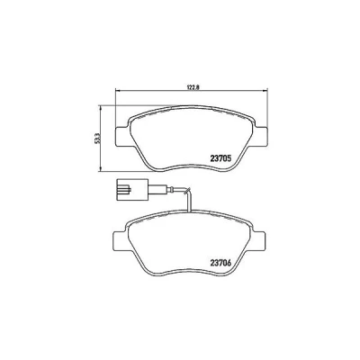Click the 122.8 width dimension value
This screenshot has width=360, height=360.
(x=192, y=87)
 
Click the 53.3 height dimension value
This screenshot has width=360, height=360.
(x=96, y=139)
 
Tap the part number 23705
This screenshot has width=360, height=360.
(x=220, y=157)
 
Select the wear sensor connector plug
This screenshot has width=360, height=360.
(x=131, y=189)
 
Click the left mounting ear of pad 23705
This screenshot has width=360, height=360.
(x=122, y=137)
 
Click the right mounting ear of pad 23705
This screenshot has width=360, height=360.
(x=260, y=137)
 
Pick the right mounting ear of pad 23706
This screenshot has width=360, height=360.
(x=257, y=240)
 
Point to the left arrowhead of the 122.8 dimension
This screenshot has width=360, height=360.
(x=117, y=90)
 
